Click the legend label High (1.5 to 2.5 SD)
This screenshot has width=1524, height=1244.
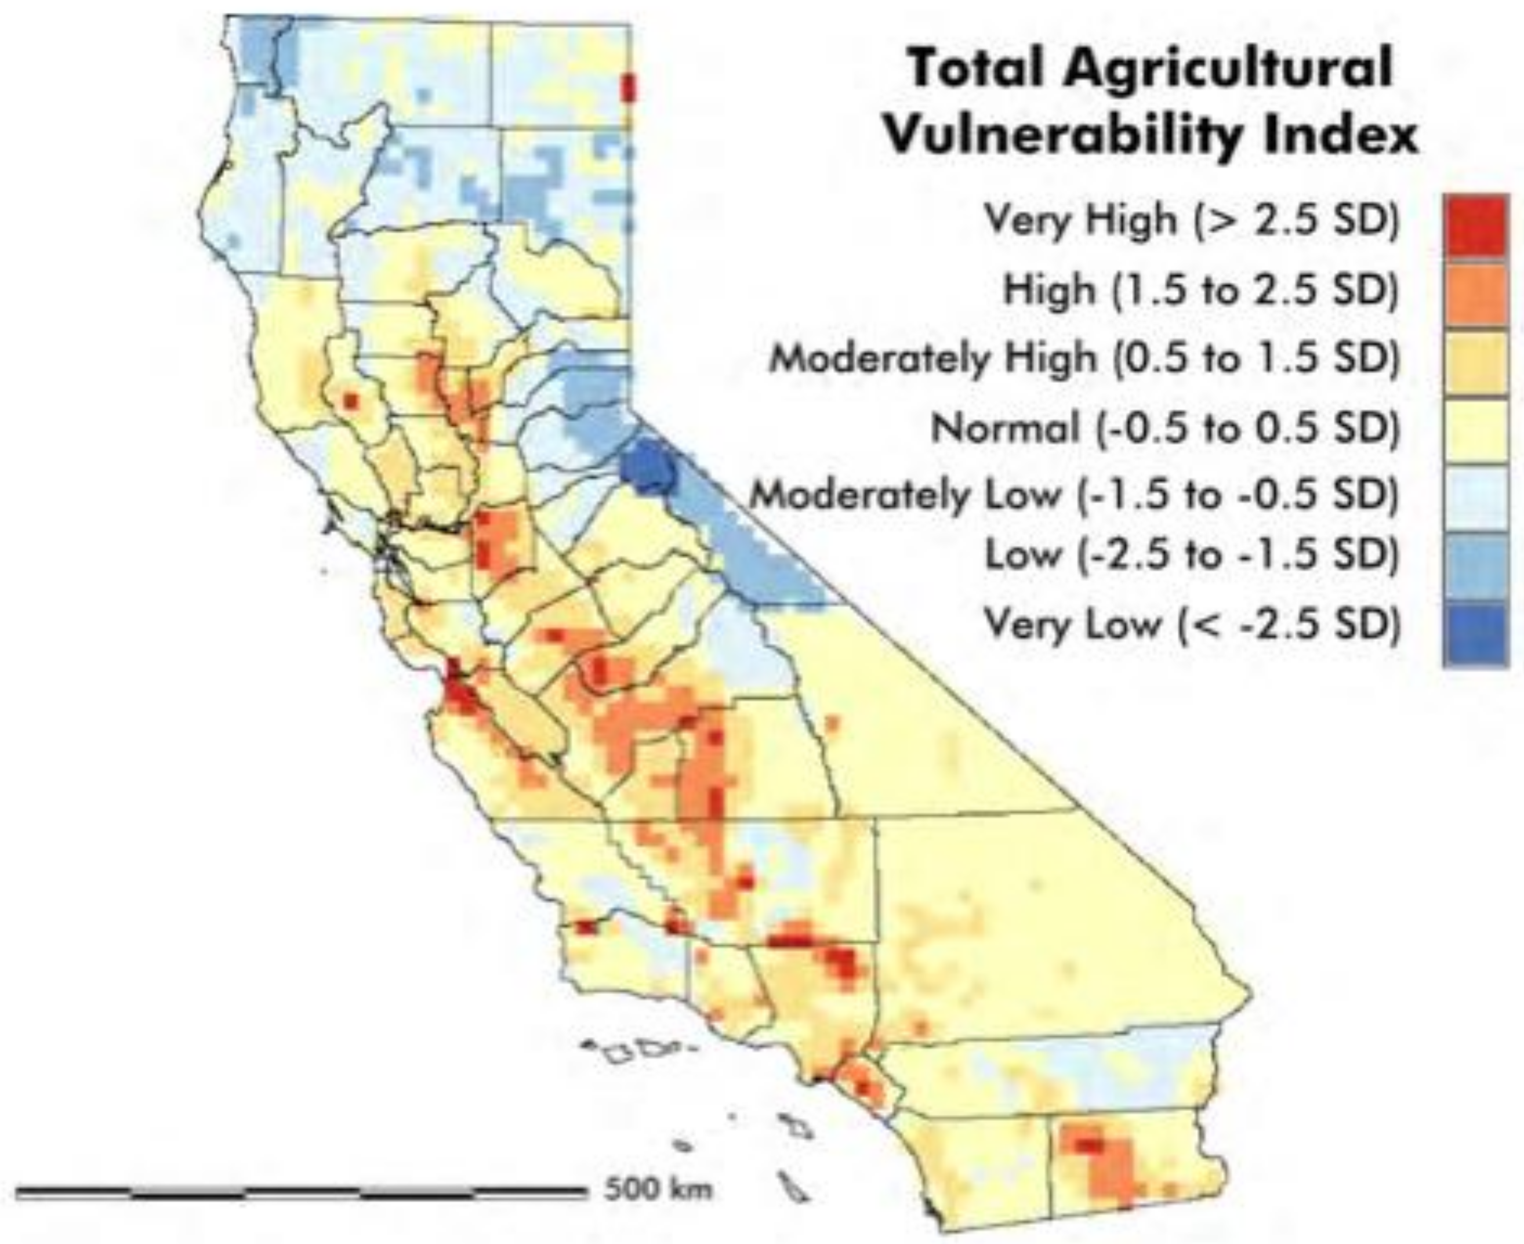pos(1201,290)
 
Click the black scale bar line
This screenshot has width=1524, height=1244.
pos(301,1192)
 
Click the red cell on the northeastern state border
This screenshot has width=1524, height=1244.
pos(629,88)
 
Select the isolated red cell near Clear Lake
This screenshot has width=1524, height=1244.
pos(350,400)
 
